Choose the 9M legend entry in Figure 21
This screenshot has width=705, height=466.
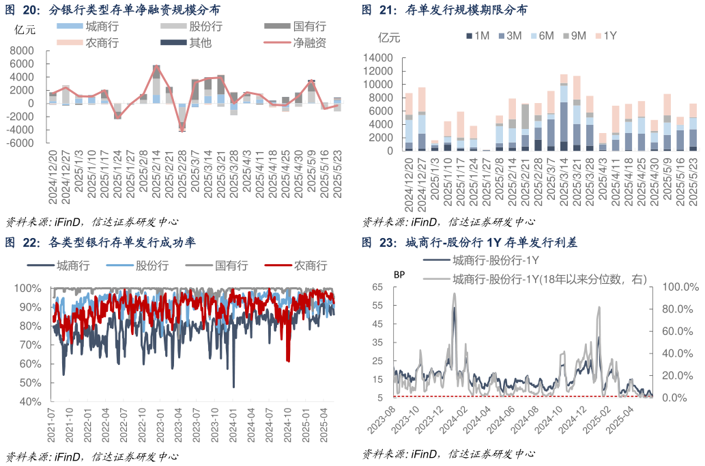(x=575, y=35)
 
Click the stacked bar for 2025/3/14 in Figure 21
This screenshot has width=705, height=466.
(x=564, y=113)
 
